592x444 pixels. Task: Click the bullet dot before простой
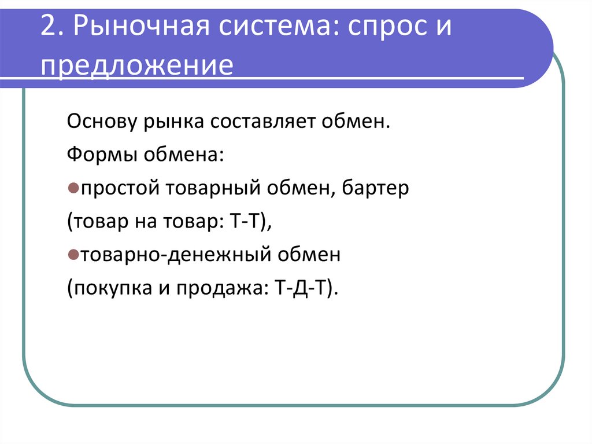(73, 189)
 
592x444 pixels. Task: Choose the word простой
(121, 189)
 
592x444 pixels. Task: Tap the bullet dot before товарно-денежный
(73, 255)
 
